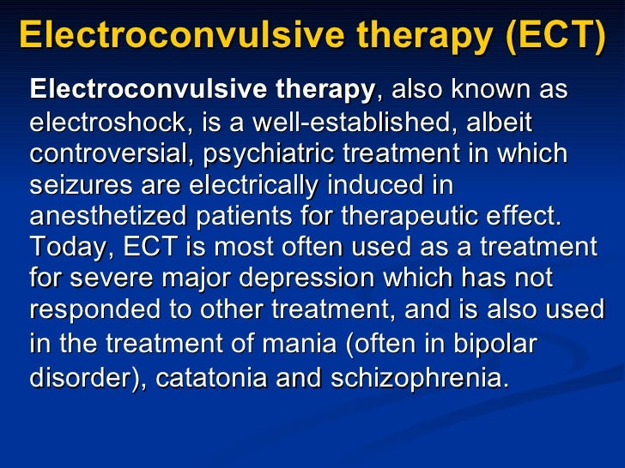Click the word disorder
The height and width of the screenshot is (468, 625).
75,377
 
